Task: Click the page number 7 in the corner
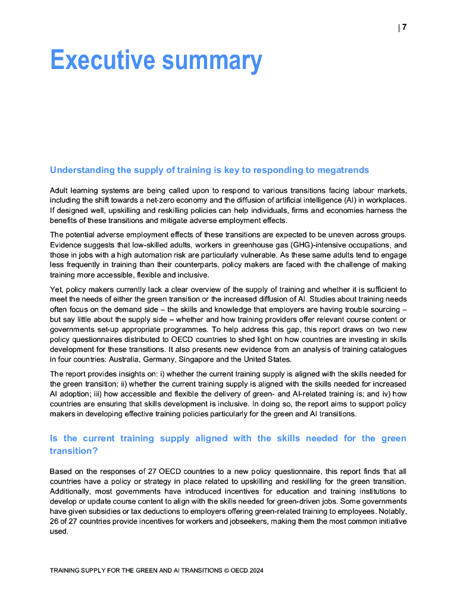404,27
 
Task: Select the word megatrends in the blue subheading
342,170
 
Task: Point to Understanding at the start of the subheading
82,170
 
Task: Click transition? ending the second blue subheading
74,451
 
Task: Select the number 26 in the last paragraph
55,522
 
